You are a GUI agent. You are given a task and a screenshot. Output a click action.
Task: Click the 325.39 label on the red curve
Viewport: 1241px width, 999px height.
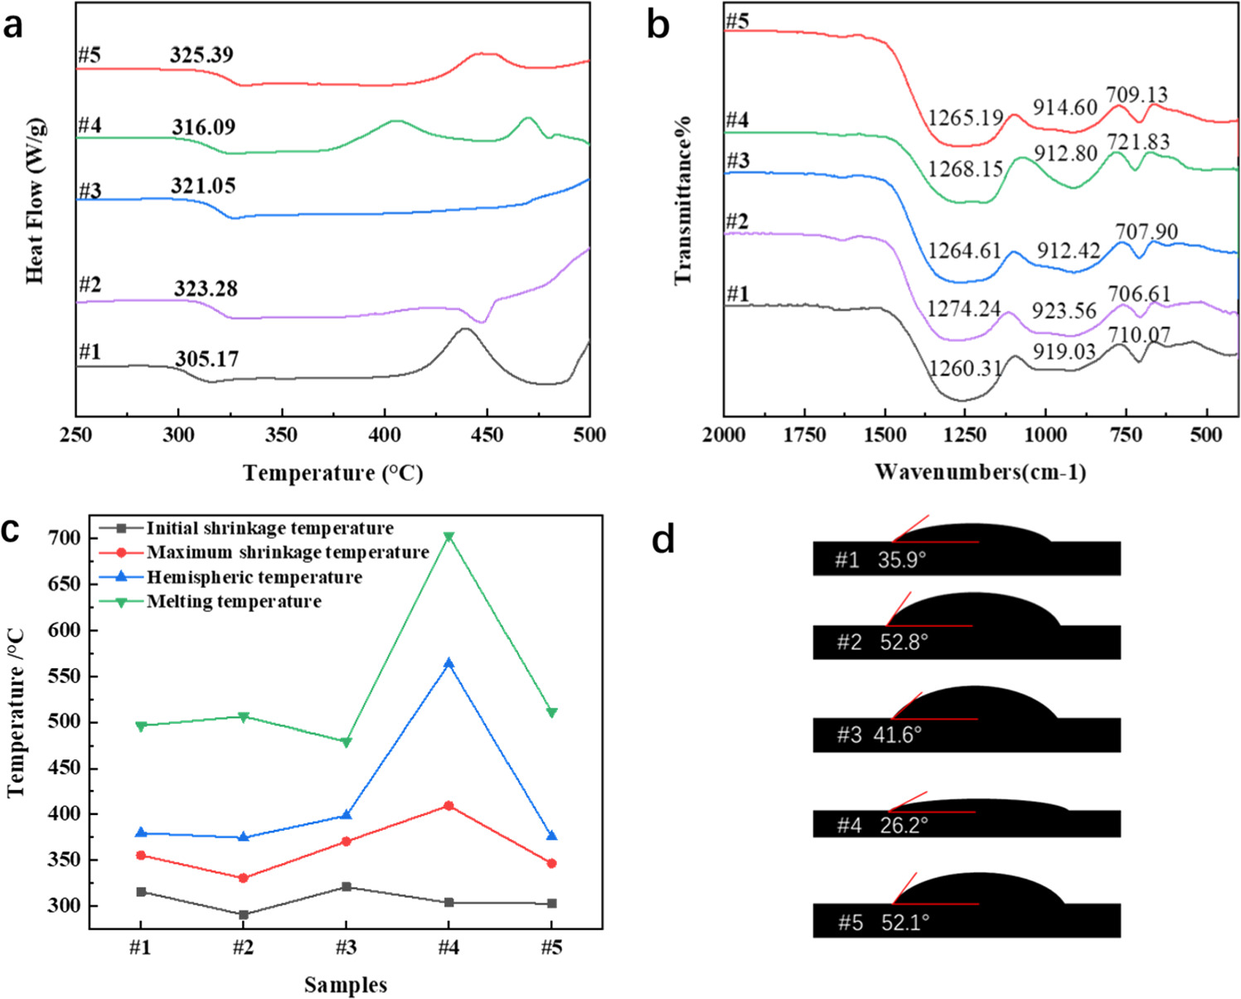click(201, 56)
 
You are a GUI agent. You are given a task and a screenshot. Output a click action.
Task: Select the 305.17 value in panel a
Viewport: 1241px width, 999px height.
click(206, 359)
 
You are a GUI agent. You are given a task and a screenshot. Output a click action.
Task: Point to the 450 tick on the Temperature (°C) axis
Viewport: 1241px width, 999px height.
click(487, 435)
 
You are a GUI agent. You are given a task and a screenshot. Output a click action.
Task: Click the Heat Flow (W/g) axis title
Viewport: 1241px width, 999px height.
click(34, 201)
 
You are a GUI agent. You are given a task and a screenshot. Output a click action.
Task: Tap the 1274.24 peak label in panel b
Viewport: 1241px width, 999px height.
click(964, 309)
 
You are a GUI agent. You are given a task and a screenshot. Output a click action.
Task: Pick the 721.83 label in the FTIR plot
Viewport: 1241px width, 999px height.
click(1138, 143)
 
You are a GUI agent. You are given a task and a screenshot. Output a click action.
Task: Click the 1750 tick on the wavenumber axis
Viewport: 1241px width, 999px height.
click(804, 435)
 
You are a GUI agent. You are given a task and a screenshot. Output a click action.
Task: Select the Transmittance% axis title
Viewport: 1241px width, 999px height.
click(683, 201)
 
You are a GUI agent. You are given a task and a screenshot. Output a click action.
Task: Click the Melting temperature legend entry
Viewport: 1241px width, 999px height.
click(234, 602)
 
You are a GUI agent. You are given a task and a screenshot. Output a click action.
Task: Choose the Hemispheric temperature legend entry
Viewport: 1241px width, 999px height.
click(254, 577)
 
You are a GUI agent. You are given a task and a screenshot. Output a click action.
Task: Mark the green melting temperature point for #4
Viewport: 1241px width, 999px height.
click(448, 537)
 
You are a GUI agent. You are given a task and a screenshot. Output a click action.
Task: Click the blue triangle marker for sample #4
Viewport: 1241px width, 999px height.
click(448, 663)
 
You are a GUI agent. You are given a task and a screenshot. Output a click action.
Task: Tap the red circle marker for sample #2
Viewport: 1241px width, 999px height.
click(243, 878)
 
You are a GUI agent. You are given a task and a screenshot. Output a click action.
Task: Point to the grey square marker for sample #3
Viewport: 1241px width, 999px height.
click(346, 887)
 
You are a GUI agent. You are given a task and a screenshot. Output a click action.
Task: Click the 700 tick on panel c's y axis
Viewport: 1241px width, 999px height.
click(66, 538)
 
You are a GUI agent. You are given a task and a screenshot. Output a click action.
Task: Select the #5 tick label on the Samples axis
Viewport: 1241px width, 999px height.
click(551, 947)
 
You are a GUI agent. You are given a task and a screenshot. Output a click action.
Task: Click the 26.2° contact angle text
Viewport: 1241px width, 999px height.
click(904, 826)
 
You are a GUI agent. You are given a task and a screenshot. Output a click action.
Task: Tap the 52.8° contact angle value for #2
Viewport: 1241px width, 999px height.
click(904, 643)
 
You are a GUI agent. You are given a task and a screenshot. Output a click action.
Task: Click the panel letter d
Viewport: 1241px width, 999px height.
click(663, 539)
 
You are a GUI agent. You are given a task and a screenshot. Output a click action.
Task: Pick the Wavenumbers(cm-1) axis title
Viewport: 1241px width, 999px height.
click(980, 473)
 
